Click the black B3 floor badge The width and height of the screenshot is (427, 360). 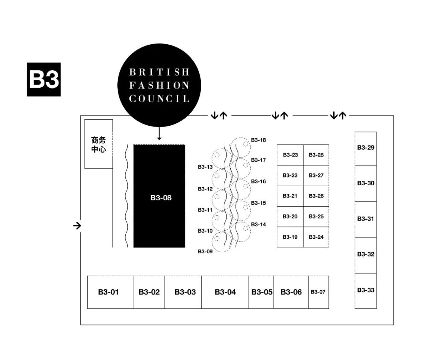pos(43,79)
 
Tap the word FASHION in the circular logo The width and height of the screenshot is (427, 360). pos(159,85)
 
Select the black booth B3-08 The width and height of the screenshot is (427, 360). pos(159,196)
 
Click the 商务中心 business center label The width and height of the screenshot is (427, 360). pos(98,145)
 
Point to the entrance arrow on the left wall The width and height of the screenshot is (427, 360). pos(77,226)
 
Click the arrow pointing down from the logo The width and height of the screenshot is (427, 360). pos(159,133)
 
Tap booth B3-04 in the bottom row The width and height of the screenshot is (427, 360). pos(225,292)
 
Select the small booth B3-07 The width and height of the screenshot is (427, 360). pos(318,292)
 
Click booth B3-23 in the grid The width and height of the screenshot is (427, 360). pos(290,155)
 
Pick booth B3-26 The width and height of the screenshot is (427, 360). pos(316,196)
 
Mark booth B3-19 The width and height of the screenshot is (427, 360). pos(290,237)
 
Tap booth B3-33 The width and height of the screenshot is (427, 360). pos(366,291)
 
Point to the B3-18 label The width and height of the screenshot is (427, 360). pos(258,140)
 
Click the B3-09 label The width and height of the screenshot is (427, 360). pos(205,251)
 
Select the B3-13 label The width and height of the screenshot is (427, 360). pos(205,167)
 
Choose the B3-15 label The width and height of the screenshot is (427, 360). pos(258,203)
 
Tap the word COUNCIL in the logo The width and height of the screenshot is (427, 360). pos(159,98)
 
